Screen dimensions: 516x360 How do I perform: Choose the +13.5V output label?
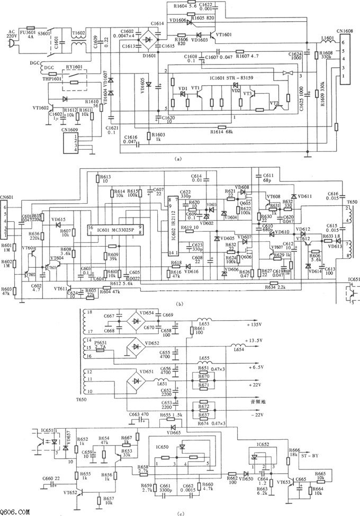(255, 342)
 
